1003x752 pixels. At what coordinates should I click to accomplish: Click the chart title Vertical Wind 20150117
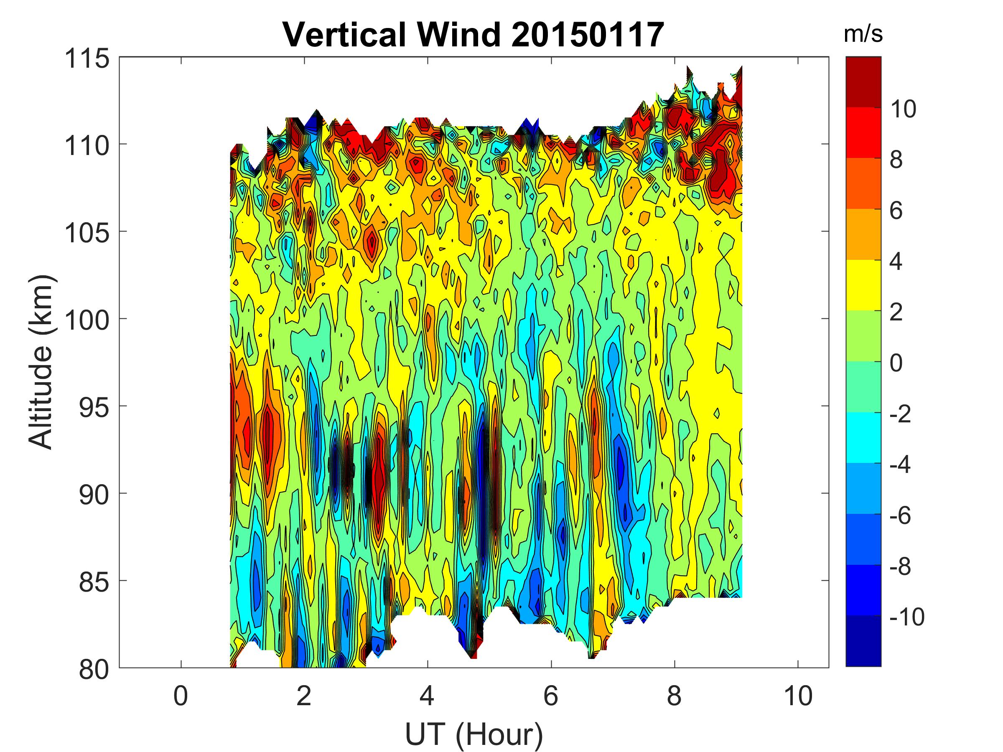(x=473, y=35)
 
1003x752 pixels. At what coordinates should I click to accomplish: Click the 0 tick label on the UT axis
(x=181, y=696)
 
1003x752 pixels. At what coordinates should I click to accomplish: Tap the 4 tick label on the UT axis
(x=427, y=696)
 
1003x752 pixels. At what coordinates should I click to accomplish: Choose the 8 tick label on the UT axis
(x=674, y=696)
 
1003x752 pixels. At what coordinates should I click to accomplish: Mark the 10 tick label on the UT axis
(x=797, y=696)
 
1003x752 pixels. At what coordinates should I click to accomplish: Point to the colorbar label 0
(x=896, y=363)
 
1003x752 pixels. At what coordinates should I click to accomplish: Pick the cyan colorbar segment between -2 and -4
(x=863, y=437)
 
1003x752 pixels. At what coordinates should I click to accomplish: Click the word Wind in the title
(x=459, y=35)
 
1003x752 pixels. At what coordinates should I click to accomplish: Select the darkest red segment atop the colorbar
(x=863, y=81)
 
